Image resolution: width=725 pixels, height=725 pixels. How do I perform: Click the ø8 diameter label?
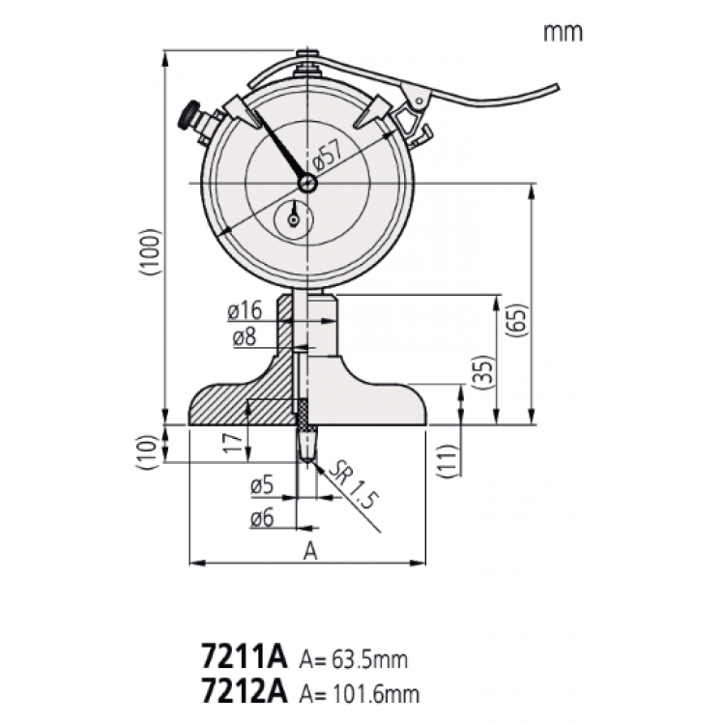(x=247, y=338)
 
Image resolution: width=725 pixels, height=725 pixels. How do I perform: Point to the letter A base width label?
(x=309, y=551)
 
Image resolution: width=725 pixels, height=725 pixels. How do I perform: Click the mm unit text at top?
(x=563, y=32)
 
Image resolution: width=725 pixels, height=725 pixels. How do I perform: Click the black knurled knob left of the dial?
(x=188, y=118)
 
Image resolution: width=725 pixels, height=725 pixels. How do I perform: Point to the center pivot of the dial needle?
(x=307, y=183)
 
